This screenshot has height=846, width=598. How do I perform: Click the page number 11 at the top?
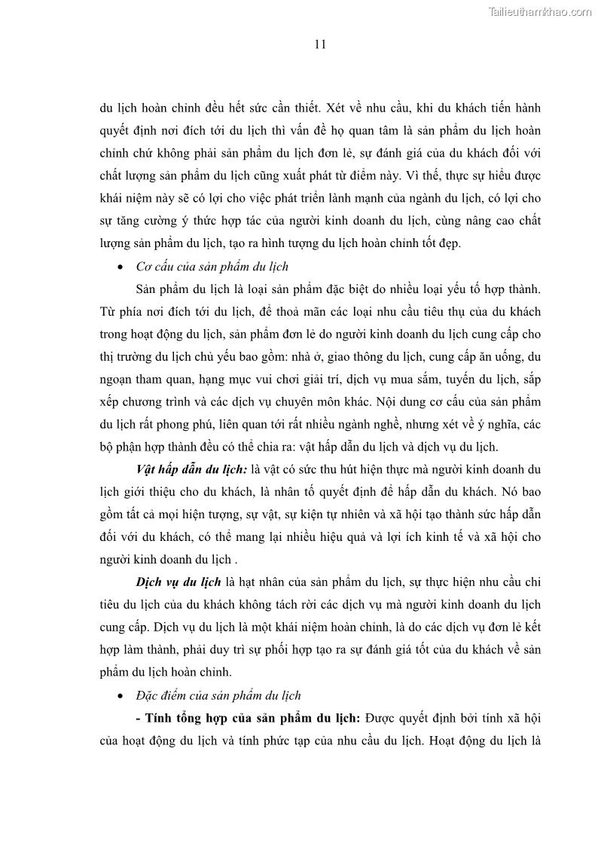[x=319, y=44]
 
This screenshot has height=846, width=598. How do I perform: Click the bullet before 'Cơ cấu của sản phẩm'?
[x=122, y=267]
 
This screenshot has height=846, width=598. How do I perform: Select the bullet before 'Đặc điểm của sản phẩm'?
[x=122, y=695]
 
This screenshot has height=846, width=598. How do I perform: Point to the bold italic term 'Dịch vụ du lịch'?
[x=178, y=583]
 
